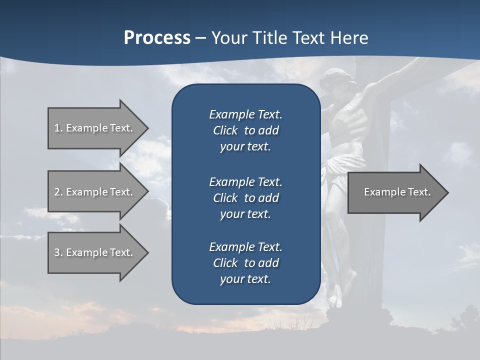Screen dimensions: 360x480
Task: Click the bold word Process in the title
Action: coord(157,38)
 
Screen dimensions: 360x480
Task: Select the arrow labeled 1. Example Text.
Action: coord(95,128)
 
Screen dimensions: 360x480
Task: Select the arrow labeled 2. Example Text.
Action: coord(95,192)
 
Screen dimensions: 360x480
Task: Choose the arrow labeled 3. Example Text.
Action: coord(95,252)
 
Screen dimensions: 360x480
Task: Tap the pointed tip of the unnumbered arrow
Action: coord(446,192)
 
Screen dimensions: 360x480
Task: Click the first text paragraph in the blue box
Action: coord(245,130)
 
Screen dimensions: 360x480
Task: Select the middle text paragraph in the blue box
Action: coord(245,197)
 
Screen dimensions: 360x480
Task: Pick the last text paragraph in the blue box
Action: coord(245,263)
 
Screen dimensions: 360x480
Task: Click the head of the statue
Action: coord(333,82)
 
